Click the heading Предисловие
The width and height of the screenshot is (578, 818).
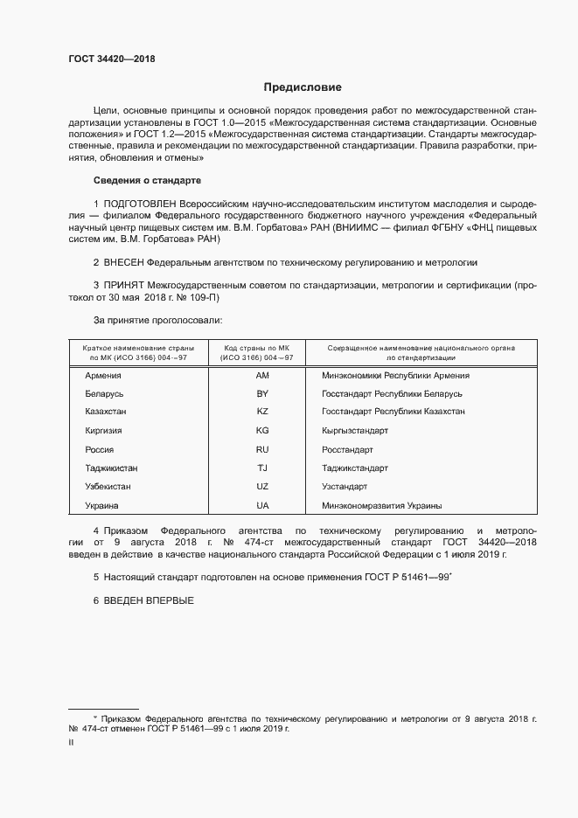(303, 87)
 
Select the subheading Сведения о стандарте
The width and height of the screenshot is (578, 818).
(147, 180)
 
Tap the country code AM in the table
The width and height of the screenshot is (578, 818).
(262, 375)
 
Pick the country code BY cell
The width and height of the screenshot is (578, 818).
(262, 394)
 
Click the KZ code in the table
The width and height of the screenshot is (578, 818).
(262, 412)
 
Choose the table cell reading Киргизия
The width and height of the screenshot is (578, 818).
(103, 431)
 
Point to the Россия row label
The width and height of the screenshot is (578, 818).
(99, 449)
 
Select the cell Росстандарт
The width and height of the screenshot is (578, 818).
(347, 449)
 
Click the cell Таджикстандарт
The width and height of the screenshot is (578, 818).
(357, 468)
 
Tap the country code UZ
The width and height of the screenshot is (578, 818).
(262, 486)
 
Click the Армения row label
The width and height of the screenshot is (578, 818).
(102, 375)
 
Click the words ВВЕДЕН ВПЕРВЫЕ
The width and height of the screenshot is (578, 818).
(148, 600)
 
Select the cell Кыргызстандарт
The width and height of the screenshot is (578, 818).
(355, 431)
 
